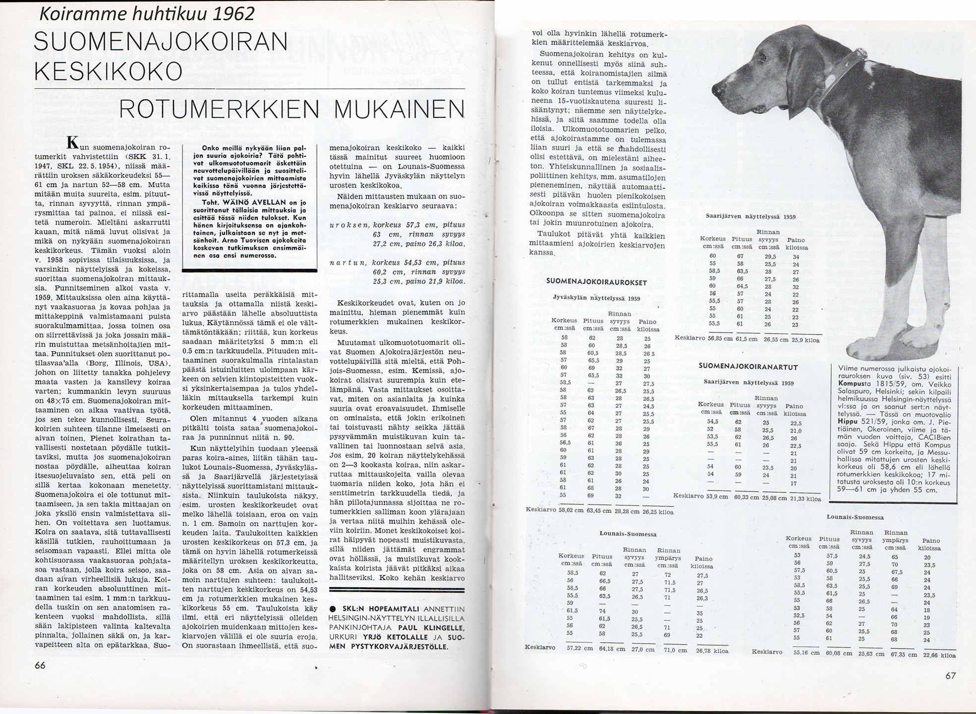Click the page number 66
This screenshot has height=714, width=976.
point(41,665)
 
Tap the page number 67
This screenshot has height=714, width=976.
point(950,675)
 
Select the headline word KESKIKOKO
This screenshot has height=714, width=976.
point(108,72)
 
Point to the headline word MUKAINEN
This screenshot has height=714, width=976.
point(400,110)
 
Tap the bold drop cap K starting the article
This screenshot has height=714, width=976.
point(72,143)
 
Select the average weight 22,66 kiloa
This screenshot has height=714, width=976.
point(939,655)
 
